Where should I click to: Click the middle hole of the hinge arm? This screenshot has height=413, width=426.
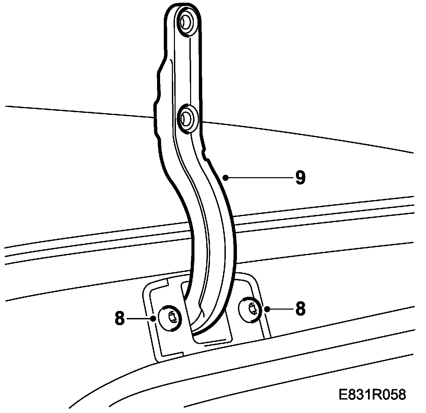point(185,118)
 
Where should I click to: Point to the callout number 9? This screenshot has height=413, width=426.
point(300,178)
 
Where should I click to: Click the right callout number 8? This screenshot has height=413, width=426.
point(300,309)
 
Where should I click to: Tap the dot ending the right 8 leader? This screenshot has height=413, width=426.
point(266,309)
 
